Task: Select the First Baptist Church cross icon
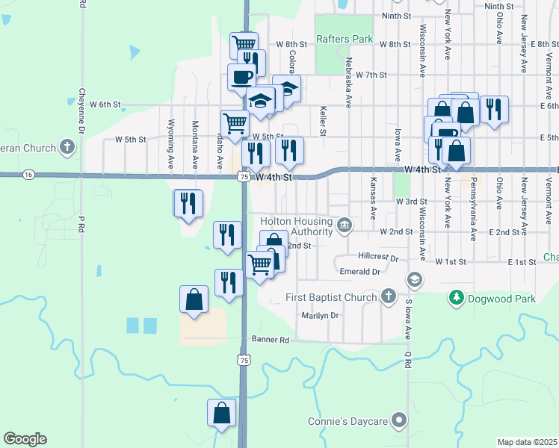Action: [x=388, y=297]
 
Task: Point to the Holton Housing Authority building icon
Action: [x=345, y=225]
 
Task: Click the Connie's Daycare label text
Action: [x=348, y=422]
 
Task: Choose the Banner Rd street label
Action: [x=270, y=340]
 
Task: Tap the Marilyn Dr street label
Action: [x=320, y=315]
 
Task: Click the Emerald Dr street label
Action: [x=360, y=272]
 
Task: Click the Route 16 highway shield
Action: [x=28, y=174]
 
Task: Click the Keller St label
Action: [x=324, y=120]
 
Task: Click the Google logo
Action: [x=25, y=439]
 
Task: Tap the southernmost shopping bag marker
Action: [x=222, y=413]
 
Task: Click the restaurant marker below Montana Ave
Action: [x=188, y=203]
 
